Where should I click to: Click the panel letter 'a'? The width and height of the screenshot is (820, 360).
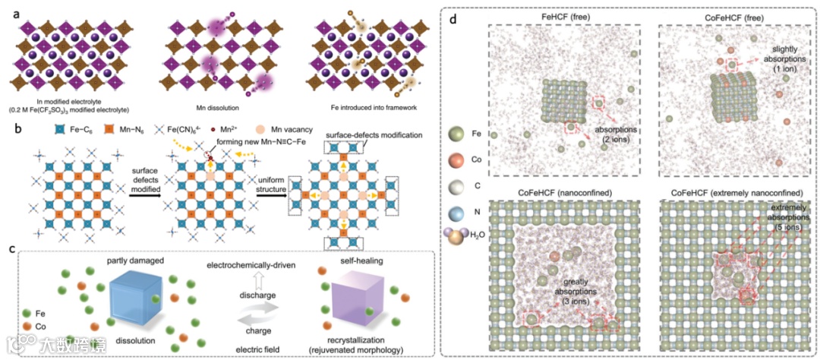click(x=7, y=8)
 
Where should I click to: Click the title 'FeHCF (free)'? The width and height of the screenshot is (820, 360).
click(x=564, y=15)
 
